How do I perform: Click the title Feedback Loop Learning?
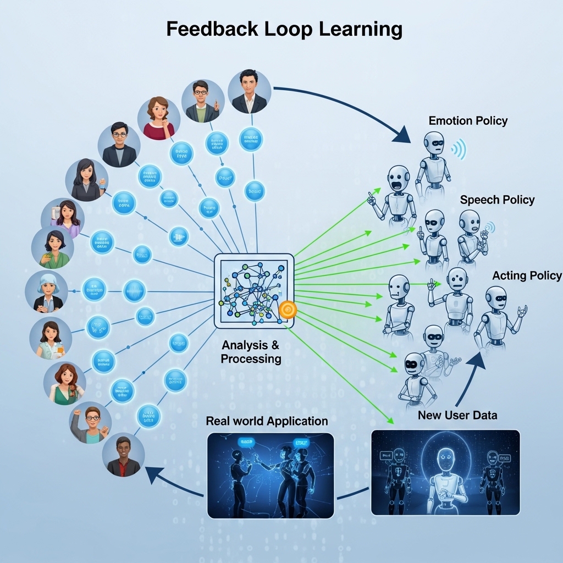tap(284, 30)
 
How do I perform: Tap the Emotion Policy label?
tap(468, 120)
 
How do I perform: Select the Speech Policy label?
tap(497, 200)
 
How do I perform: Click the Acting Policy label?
tap(527, 275)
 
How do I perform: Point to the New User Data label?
tap(457, 415)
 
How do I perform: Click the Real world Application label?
tap(267, 421)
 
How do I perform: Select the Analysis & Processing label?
tap(251, 352)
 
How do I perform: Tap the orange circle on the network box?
tap(288, 310)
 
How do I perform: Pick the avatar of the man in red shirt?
tap(123, 456)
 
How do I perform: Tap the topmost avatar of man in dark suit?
tap(249, 91)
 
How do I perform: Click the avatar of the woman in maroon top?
tap(159, 118)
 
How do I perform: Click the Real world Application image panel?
tap(271, 475)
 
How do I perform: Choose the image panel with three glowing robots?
tap(445, 472)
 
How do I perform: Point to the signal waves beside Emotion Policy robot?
tap(458, 148)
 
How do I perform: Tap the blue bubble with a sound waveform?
tap(134, 291)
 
